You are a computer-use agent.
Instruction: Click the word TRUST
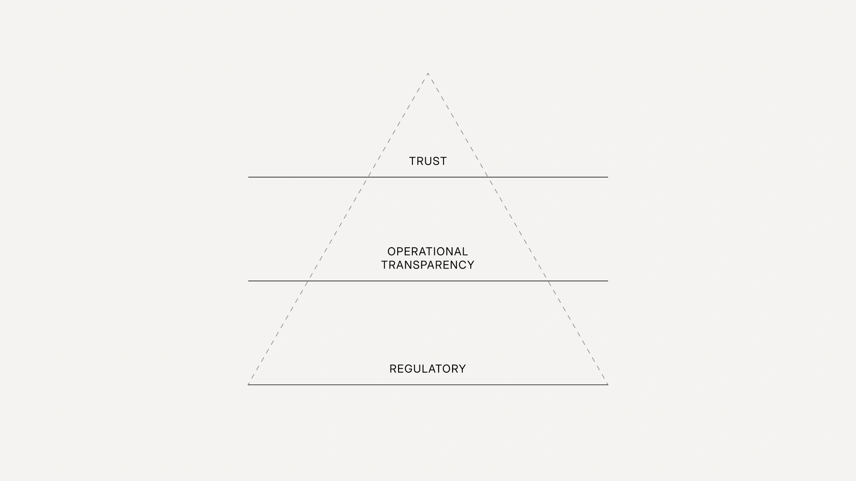coord(428,161)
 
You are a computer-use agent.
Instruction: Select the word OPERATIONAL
coord(428,252)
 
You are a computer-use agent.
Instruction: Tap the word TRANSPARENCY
coord(428,265)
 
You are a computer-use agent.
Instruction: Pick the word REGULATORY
coord(428,369)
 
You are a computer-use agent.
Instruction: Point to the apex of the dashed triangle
coord(428,73)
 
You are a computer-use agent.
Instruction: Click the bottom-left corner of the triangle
coord(248,384)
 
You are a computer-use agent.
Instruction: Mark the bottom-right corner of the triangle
coord(608,384)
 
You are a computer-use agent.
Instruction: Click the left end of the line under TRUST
coord(248,177)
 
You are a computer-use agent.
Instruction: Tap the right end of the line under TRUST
coord(608,177)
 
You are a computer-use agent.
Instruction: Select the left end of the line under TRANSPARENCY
coord(248,281)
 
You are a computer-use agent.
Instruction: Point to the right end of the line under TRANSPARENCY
coord(608,281)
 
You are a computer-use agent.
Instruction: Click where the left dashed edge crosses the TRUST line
coord(368,177)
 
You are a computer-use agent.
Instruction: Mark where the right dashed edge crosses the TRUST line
coord(488,177)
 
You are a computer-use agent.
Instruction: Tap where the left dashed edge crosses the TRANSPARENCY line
coord(308,281)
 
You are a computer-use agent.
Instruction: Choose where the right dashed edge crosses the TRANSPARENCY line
coord(548,281)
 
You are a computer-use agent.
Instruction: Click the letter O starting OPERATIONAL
coord(392,252)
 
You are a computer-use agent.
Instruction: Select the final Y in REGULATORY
coord(462,369)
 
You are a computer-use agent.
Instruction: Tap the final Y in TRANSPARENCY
coord(470,265)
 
